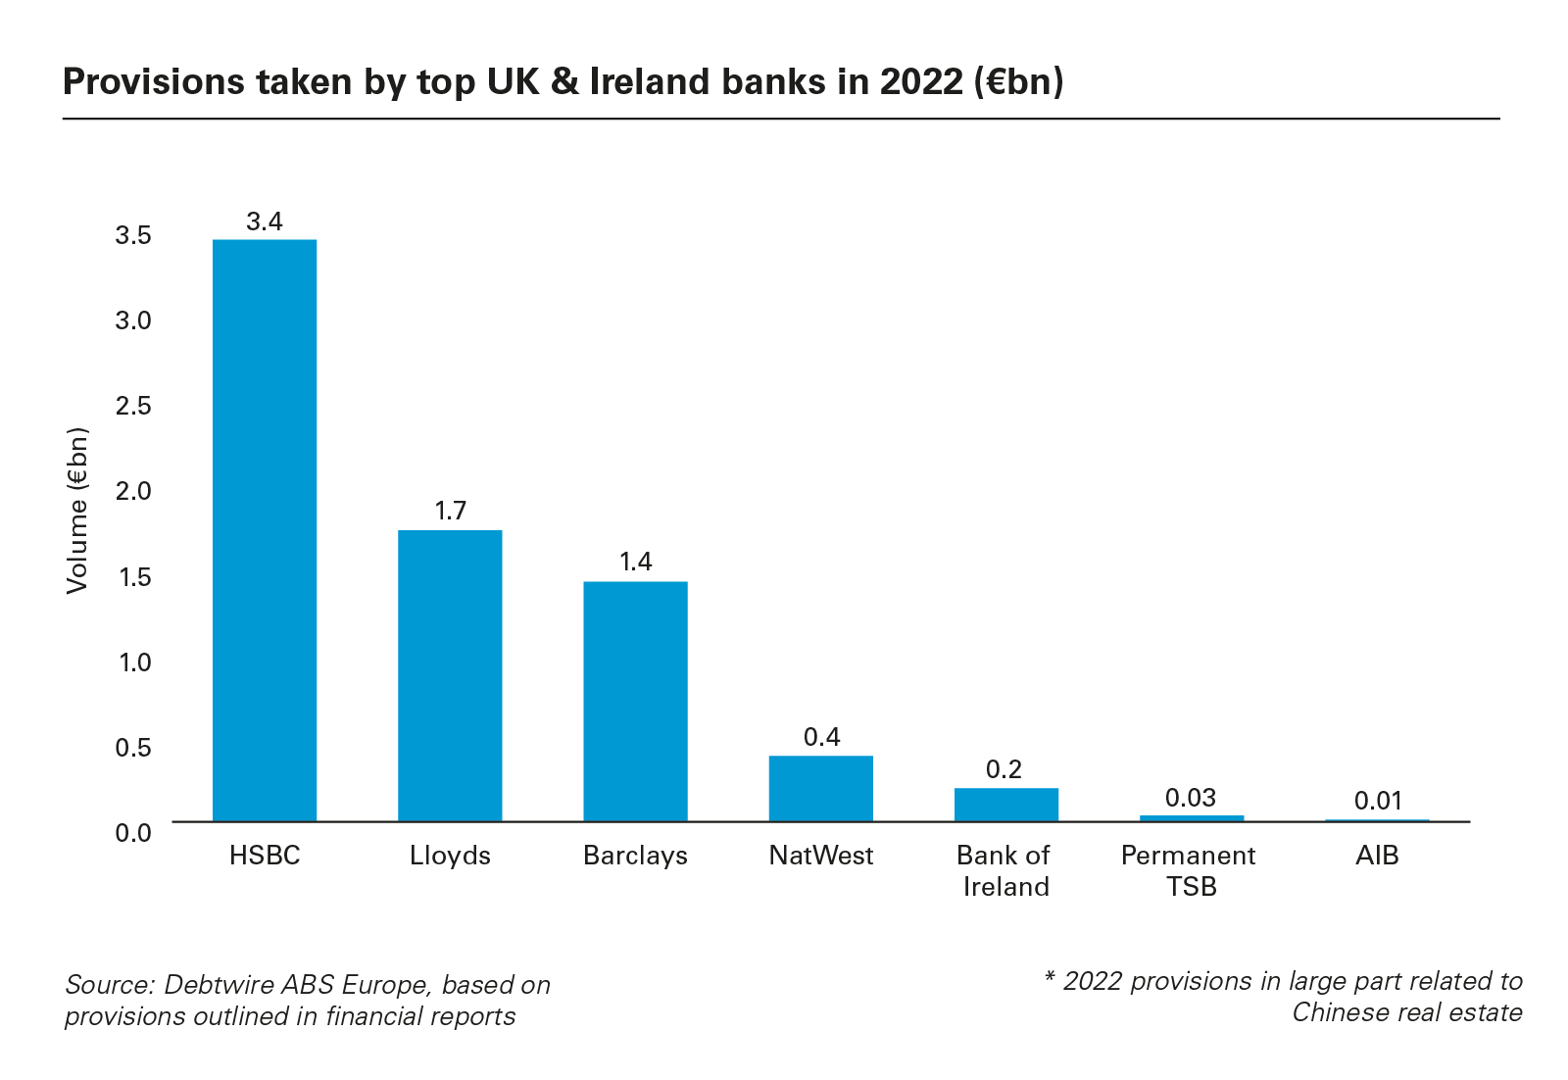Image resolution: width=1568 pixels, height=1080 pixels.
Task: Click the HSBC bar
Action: point(265,529)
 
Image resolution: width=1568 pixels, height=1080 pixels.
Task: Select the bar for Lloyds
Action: point(450,675)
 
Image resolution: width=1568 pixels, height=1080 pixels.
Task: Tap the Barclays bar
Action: point(635,701)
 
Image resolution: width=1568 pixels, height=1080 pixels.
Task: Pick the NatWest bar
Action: point(820,788)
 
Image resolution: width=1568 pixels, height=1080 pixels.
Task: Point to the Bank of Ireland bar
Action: point(1005,805)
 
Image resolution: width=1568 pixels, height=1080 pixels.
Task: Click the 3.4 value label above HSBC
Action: point(265,222)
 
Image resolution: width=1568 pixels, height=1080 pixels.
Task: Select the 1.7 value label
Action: point(451,511)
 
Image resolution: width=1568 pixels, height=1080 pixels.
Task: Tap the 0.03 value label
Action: point(1191,798)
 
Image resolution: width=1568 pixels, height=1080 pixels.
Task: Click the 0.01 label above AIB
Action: point(1378,802)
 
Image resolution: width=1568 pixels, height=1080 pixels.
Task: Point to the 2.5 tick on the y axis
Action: point(133,406)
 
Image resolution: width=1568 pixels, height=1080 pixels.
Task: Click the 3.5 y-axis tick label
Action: point(133,235)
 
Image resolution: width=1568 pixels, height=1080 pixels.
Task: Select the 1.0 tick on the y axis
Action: point(134,663)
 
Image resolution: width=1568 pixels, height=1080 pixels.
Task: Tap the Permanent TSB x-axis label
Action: point(1189,871)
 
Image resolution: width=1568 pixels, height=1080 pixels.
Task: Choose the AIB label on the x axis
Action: point(1377,856)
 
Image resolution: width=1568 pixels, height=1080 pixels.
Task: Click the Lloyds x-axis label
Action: point(450,856)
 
